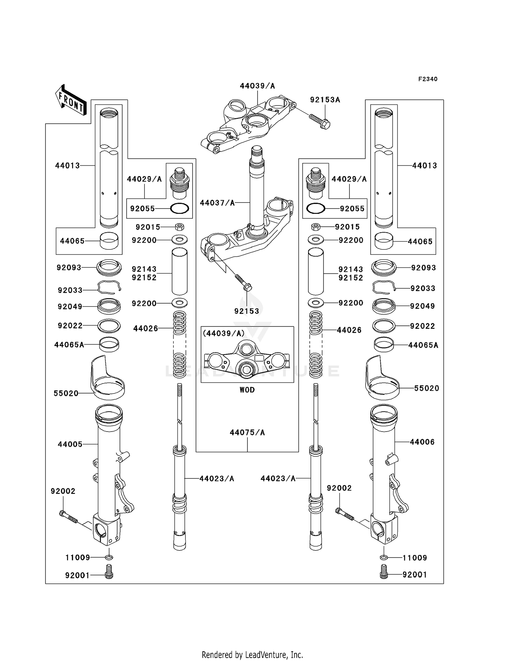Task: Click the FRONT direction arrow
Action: tap(71, 100)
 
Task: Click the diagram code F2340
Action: tap(428, 79)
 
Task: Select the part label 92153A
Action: tap(325, 100)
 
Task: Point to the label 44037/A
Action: tap(217, 203)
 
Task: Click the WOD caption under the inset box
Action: tap(247, 390)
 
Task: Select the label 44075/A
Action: tap(247, 432)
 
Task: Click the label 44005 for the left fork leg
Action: tap(70, 444)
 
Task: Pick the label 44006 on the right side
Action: tap(422, 442)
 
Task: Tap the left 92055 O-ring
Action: tap(179, 209)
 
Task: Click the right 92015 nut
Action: tap(315, 227)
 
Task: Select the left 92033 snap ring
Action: tap(109, 287)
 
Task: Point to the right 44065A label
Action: tap(423, 345)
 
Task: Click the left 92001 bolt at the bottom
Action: tap(109, 575)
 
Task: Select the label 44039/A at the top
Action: tap(257, 86)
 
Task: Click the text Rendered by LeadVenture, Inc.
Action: tap(252, 655)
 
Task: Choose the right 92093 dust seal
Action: tap(383, 268)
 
